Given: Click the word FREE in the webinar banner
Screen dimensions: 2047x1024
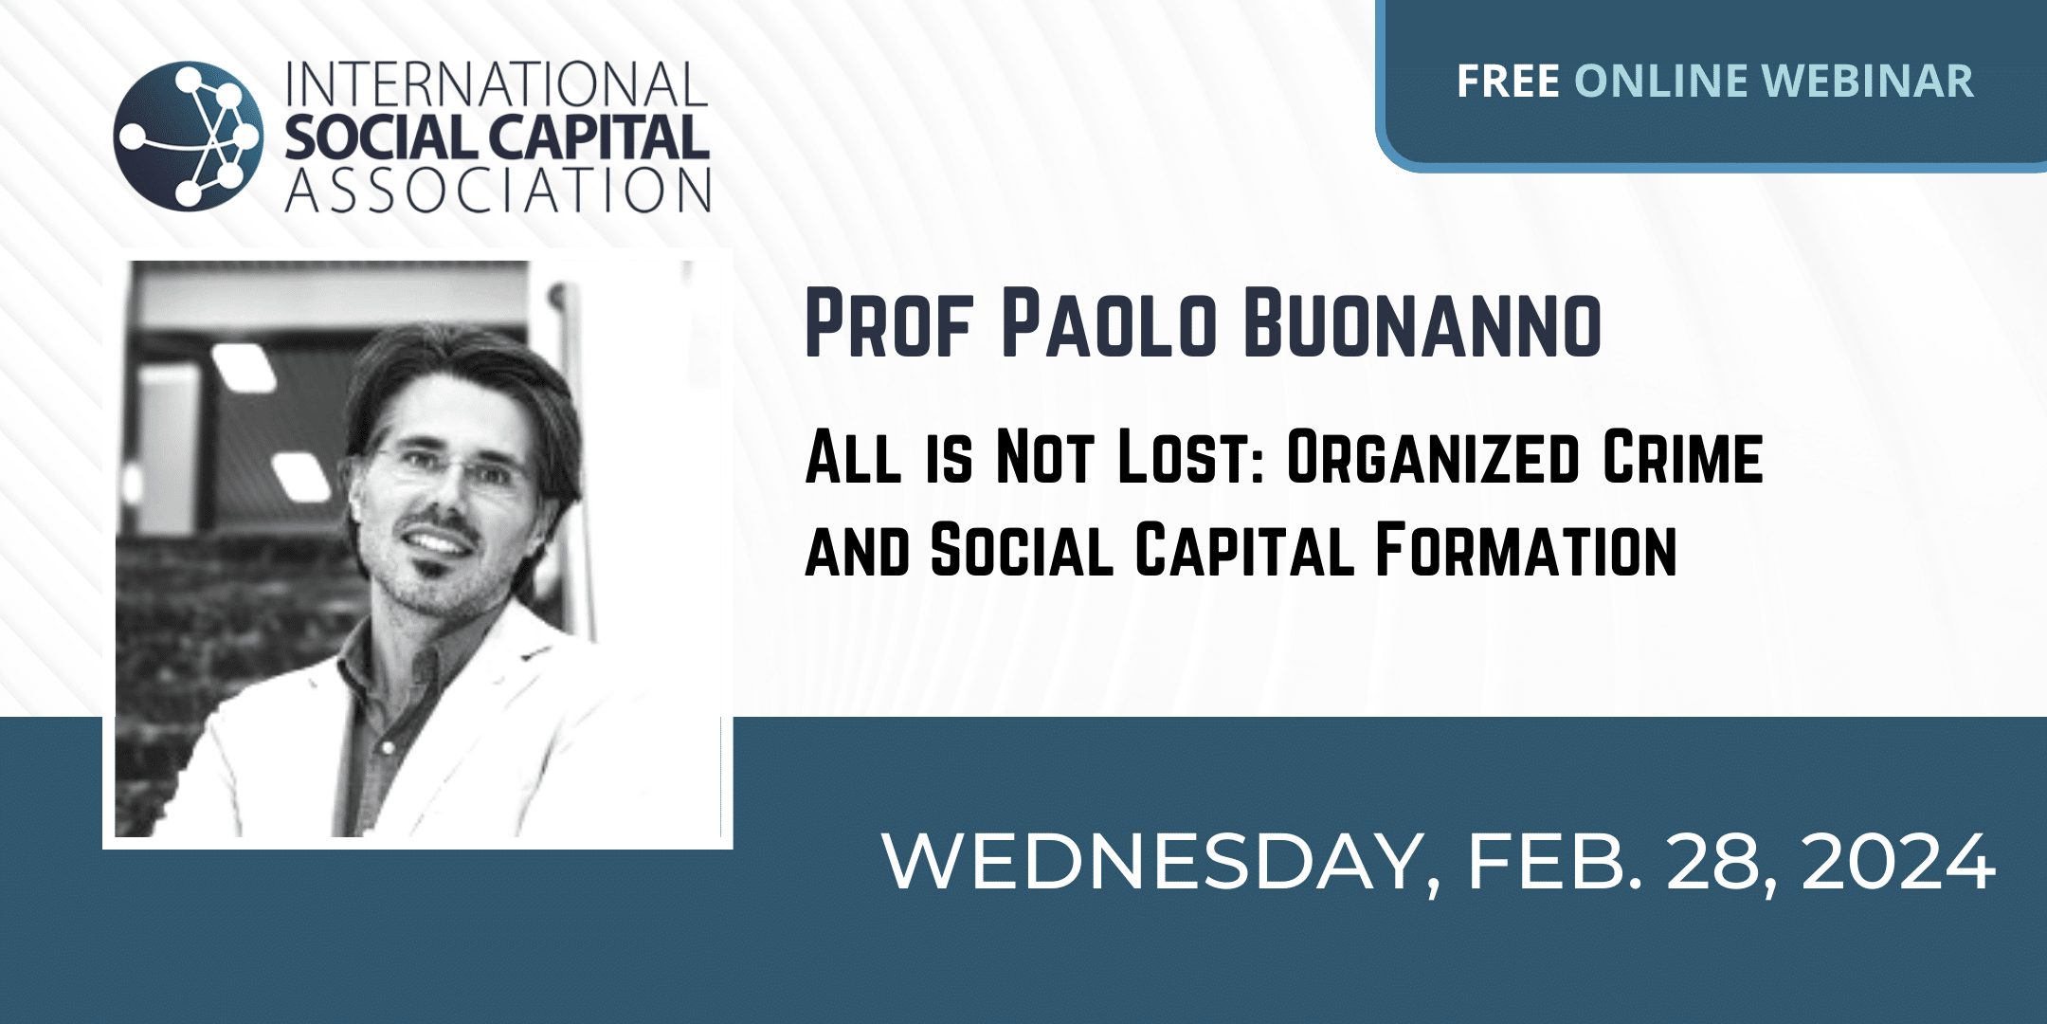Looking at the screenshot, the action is click(x=1508, y=82).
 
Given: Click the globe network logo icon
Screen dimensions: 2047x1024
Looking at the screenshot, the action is click(x=188, y=136).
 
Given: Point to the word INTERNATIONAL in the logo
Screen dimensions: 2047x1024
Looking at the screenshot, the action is click(x=497, y=85).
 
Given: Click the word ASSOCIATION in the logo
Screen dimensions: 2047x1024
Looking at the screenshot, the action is click(x=498, y=190).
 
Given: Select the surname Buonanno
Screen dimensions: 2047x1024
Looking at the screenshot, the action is click(x=1422, y=324).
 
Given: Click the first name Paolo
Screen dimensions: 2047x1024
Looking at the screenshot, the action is click(x=1109, y=324).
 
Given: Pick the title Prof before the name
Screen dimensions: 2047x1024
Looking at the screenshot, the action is click(x=889, y=324).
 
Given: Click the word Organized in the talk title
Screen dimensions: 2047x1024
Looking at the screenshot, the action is click(x=1432, y=458).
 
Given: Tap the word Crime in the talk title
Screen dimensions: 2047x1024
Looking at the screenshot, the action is click(x=1683, y=458).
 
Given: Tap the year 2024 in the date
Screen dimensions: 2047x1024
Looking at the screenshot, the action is click(x=1898, y=863).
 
